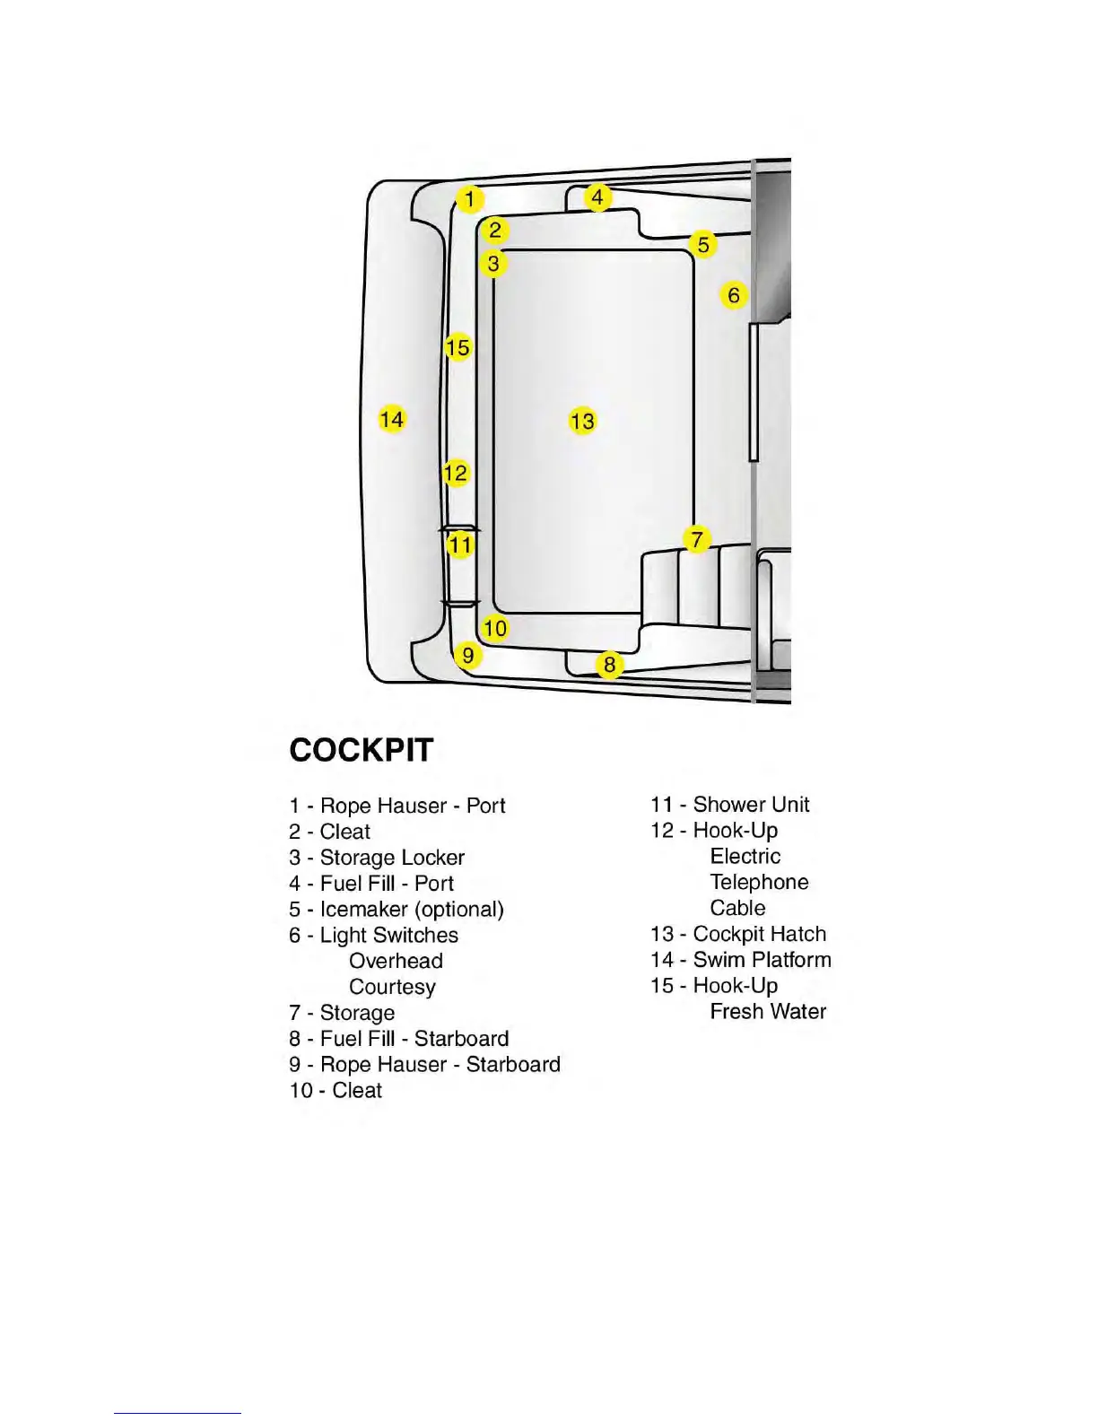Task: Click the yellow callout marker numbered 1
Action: tap(469, 199)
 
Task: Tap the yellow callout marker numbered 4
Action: tap(598, 196)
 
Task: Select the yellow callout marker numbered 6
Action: tap(734, 295)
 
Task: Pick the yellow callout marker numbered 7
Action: tap(697, 540)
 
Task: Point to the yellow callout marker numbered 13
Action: tap(582, 421)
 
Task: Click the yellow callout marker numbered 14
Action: tap(391, 419)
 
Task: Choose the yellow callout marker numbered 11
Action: tap(460, 545)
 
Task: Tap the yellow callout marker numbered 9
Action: tap(467, 655)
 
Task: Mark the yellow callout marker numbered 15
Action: tap(457, 347)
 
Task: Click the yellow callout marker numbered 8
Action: tap(610, 665)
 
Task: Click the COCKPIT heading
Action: tap(361, 750)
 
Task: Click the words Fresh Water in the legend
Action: tap(768, 1012)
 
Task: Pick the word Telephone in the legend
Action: tap(759, 883)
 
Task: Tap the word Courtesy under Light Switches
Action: tap(392, 987)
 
